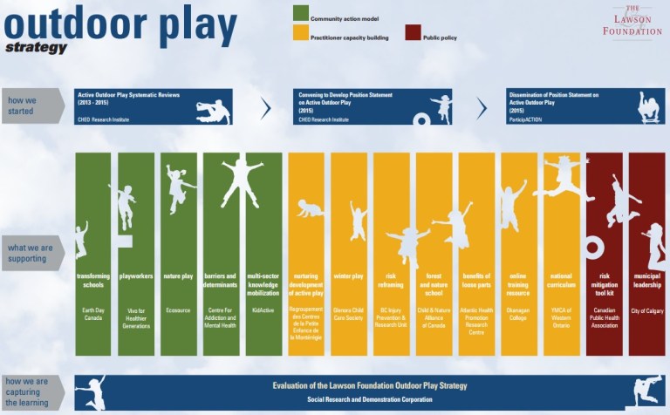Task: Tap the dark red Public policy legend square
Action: click(414, 37)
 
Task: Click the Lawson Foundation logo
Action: click(632, 21)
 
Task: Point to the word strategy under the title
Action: click(36, 48)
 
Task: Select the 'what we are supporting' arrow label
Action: click(31, 254)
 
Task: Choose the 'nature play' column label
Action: click(178, 276)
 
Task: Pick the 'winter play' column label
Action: click(348, 276)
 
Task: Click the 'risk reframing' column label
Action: click(391, 281)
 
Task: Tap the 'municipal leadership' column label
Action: click(646, 281)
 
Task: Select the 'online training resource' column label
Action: click(519, 285)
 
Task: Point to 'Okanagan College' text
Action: click(519, 311)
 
